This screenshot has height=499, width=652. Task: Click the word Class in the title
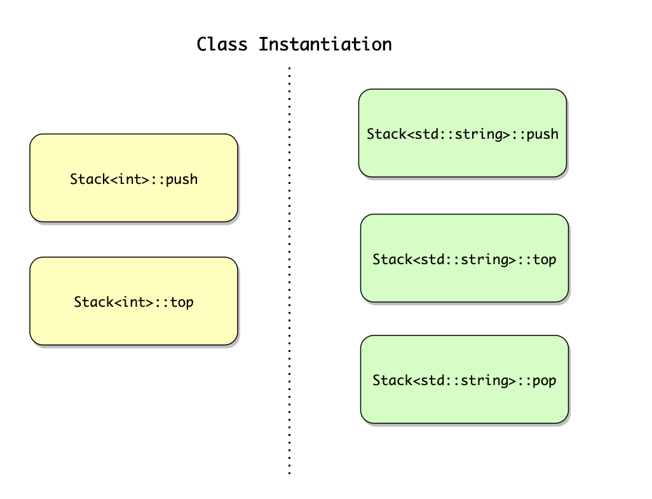tap(222, 44)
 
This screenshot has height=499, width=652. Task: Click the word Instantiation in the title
tap(325, 44)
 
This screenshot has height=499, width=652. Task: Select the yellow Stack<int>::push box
tap(134, 178)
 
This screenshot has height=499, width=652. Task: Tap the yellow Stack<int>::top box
tap(134, 301)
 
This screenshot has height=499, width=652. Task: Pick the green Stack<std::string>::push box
tap(463, 133)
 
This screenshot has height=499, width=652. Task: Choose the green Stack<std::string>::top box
tap(465, 258)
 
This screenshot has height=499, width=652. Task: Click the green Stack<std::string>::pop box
tap(465, 379)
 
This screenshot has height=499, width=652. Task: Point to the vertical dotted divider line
tap(289, 271)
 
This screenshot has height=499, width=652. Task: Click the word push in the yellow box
tap(182, 180)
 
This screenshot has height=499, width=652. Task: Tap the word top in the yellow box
tap(182, 302)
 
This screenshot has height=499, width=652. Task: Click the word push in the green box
tap(543, 134)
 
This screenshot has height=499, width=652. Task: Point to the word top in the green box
tap(545, 260)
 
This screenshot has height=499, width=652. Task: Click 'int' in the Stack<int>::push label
tap(129, 179)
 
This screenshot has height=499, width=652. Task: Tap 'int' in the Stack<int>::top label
tap(133, 302)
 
